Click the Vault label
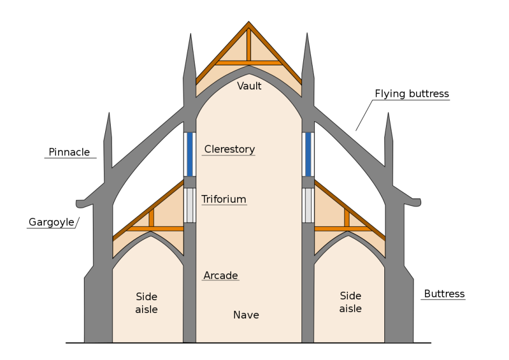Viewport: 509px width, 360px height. [x=249, y=86]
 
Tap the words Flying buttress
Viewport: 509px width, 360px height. [x=412, y=94]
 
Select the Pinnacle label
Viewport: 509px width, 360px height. [x=69, y=152]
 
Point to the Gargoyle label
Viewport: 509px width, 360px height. [x=51, y=222]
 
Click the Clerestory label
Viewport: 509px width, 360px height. [x=229, y=149]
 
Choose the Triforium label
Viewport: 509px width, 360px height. [x=224, y=199]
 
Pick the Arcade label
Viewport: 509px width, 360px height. [x=221, y=276]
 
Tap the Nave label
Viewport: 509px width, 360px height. [x=246, y=315]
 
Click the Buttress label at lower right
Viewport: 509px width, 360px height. [x=445, y=294]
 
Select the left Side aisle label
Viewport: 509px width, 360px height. [x=147, y=303]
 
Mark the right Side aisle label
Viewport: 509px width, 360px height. [x=350, y=302]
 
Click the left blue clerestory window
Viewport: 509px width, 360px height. [x=190, y=154]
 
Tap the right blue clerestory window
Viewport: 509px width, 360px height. [x=308, y=154]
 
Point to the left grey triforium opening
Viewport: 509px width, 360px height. [x=190, y=205]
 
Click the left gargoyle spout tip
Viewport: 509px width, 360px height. [x=77, y=203]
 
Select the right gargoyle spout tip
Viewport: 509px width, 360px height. [x=420, y=202]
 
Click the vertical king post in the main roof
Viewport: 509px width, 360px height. [x=249, y=45]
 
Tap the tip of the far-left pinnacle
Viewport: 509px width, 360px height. [x=109, y=112]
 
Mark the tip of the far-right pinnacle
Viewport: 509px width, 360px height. [x=388, y=113]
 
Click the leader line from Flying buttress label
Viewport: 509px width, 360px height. [x=364, y=116]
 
